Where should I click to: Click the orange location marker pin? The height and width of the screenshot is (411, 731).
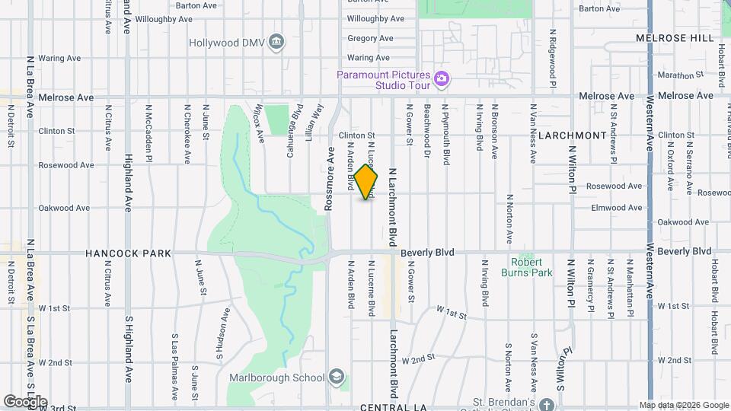[366, 181]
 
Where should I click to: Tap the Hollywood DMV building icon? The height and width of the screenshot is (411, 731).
[277, 41]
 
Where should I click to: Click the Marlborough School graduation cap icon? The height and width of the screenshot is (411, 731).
[336, 377]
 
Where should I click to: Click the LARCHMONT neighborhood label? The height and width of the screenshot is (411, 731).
[572, 135]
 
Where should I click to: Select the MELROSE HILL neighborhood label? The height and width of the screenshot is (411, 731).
[676, 37]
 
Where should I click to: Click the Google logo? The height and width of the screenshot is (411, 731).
[25, 401]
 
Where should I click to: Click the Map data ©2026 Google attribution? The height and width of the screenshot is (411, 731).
[683, 405]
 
